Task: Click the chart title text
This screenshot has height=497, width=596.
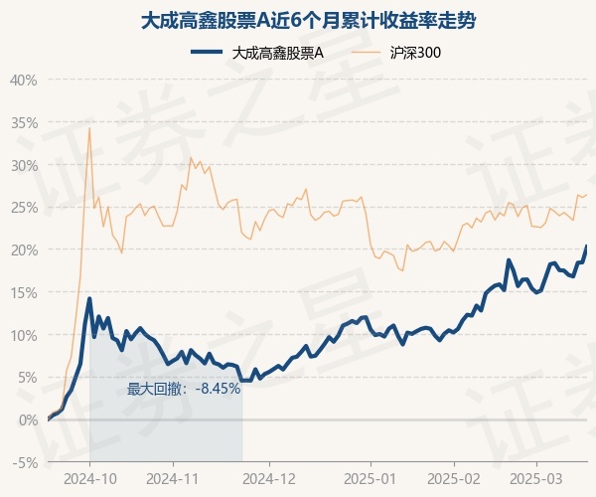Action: [308, 21]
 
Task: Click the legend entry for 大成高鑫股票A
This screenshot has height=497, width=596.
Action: [257, 53]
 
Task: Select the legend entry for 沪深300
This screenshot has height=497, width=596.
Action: [395, 53]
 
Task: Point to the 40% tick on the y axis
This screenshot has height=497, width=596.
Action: [24, 81]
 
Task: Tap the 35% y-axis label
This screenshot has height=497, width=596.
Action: [24, 123]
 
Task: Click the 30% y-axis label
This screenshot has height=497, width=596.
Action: [24, 166]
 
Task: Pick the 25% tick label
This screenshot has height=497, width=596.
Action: [24, 208]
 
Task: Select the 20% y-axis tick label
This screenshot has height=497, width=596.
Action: [24, 250]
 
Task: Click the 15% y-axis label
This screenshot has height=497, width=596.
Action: [24, 293]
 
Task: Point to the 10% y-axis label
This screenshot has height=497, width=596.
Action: [24, 336]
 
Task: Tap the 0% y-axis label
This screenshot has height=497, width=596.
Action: [28, 420]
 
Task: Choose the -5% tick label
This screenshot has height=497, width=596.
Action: [25, 463]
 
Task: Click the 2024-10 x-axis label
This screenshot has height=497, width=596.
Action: [90, 479]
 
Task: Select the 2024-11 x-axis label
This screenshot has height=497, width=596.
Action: [173, 479]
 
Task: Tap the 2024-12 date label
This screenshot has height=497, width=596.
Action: [269, 479]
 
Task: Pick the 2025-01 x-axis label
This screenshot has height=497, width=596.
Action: [371, 479]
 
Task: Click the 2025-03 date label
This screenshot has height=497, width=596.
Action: [536, 479]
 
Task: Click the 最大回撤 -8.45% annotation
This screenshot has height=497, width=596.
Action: [184, 389]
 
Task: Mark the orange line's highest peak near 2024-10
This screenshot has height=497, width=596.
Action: [89, 128]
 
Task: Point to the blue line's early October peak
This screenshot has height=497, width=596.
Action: [89, 298]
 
